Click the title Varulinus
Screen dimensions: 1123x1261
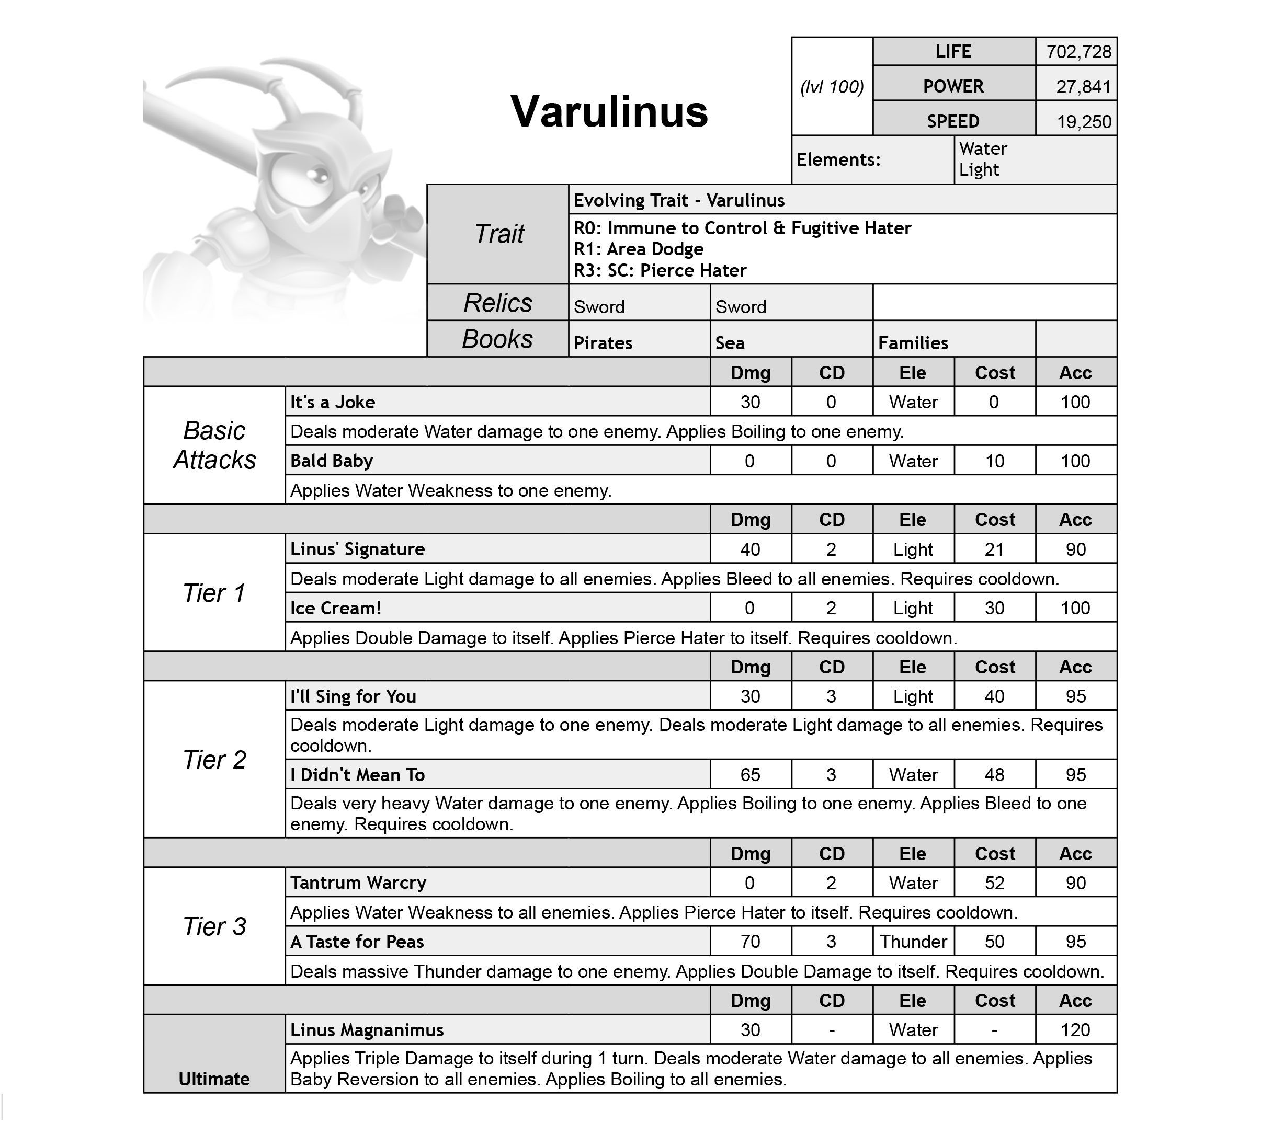pos(609,112)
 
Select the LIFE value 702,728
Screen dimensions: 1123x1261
pos(1078,52)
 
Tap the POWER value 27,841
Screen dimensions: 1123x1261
pos(1083,87)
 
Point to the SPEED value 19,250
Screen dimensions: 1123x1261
pos(1083,122)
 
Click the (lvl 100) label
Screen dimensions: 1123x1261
pos(832,87)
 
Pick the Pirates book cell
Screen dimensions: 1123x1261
pos(603,342)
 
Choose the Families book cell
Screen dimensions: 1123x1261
pos(913,342)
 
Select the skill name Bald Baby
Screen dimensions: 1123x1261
pos(332,461)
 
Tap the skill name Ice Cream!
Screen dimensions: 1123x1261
pos(336,609)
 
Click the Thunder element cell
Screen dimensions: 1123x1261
pos(913,942)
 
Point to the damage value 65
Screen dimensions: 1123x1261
pos(750,774)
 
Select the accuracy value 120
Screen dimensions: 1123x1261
pos(1075,1030)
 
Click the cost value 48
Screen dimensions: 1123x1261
pos(994,774)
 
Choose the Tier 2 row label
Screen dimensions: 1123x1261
pos(214,760)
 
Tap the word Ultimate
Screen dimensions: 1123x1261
pos(214,1079)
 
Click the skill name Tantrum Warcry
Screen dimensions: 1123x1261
pos(358,883)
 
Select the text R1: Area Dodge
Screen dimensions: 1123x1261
pos(638,249)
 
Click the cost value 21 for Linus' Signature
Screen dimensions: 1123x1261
pos(994,549)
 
